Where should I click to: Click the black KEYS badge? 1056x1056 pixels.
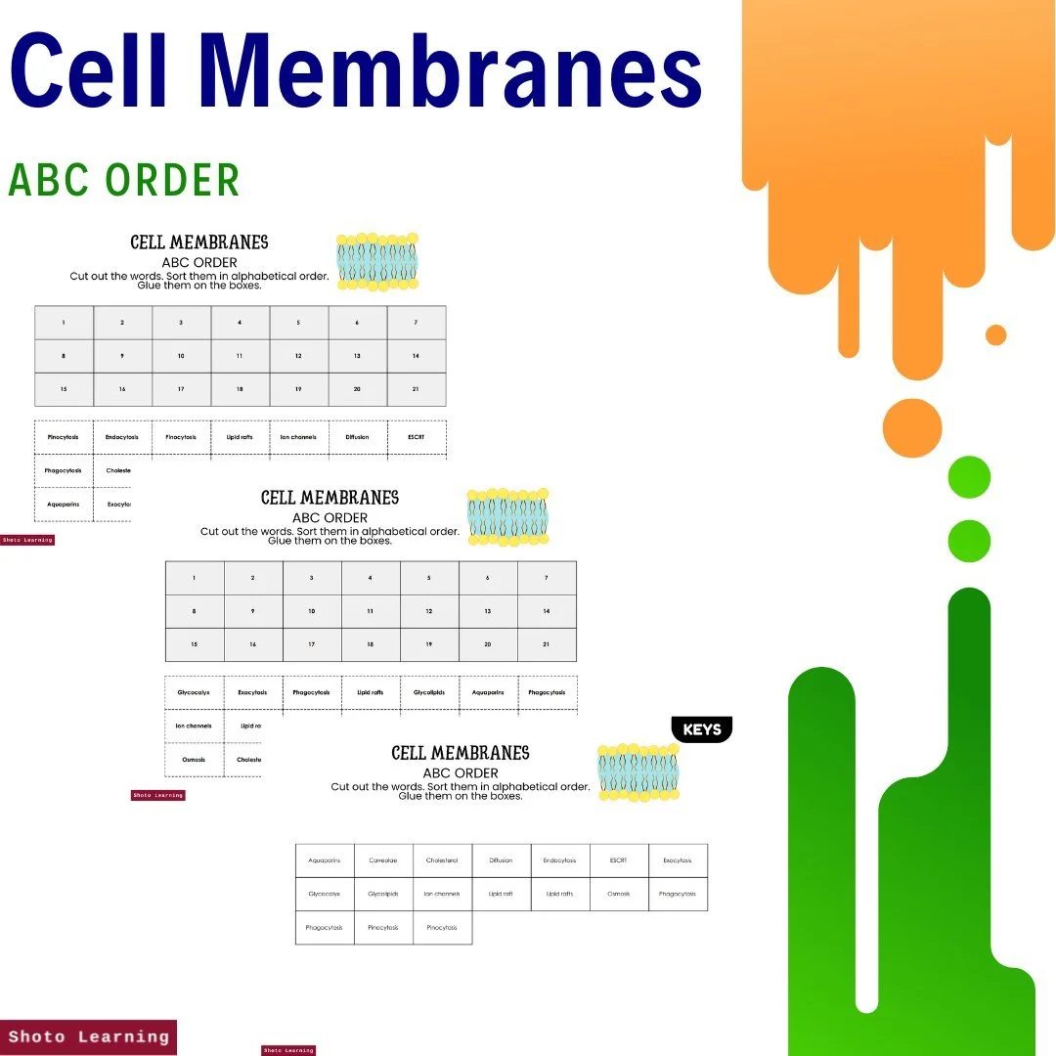[x=702, y=730]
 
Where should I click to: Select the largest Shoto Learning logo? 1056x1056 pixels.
[x=89, y=1036]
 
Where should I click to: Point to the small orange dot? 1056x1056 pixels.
[x=995, y=335]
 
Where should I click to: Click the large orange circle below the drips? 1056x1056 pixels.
[x=911, y=428]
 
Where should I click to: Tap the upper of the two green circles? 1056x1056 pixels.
[x=969, y=478]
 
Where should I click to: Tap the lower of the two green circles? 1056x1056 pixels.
[x=969, y=541]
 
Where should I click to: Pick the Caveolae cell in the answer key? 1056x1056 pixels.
[x=383, y=861]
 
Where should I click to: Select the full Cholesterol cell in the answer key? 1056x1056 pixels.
[x=442, y=861]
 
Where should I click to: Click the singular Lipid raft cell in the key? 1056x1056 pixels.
[x=501, y=895]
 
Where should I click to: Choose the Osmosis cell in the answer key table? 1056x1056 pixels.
[x=618, y=895]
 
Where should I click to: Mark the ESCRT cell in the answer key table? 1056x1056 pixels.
[x=618, y=861]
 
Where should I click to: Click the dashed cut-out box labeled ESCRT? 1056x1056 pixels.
[x=417, y=437]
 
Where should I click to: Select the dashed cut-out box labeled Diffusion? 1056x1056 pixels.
[x=357, y=437]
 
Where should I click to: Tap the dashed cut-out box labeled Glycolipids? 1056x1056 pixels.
[x=428, y=692]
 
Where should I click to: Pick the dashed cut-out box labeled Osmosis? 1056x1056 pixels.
[x=194, y=760]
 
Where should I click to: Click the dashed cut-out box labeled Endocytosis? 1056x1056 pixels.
[x=122, y=437]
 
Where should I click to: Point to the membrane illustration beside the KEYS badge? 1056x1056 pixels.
[x=638, y=772]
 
